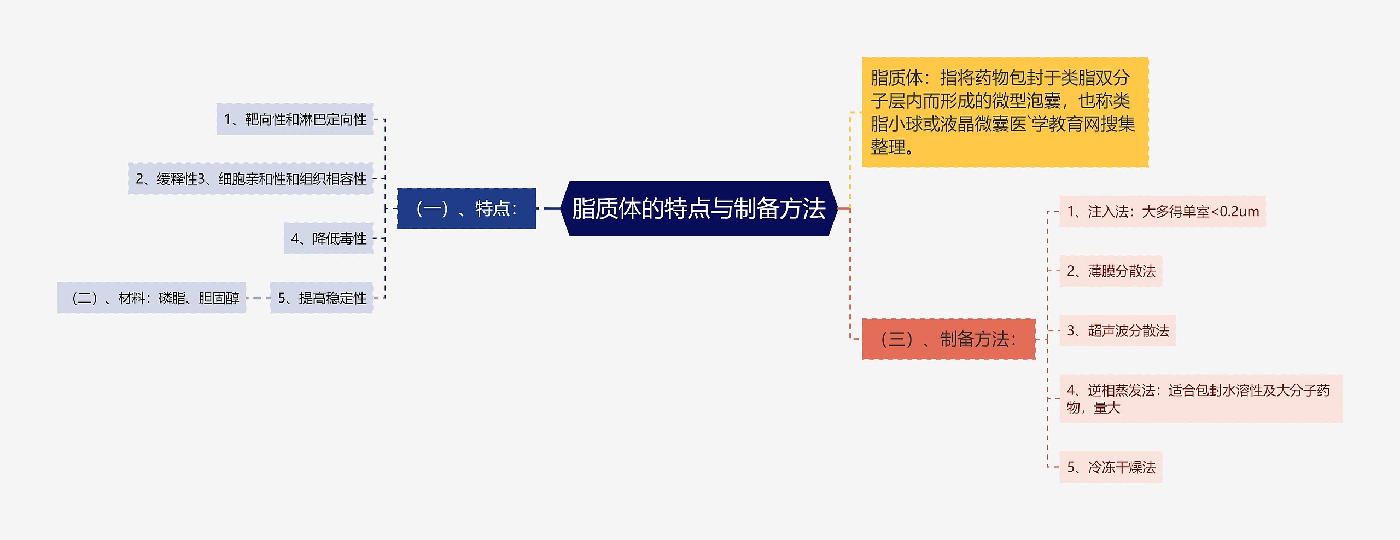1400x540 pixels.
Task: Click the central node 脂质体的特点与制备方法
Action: tap(699, 208)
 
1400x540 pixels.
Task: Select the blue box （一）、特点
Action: tap(466, 208)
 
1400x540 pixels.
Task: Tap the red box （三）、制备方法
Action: tap(948, 339)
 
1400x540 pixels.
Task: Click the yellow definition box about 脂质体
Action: tap(1005, 112)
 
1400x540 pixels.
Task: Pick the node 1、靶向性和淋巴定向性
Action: tap(295, 119)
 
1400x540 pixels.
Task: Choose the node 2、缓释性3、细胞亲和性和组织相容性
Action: tap(250, 179)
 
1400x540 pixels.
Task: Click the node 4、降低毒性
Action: tap(328, 239)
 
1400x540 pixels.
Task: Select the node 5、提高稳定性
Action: tap(322, 298)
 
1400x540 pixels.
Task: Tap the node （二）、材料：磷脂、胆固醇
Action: tap(151, 298)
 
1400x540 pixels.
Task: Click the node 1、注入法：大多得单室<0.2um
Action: tap(1162, 212)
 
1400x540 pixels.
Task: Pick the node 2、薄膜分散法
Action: tap(1111, 271)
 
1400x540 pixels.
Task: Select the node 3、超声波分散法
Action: tap(1117, 331)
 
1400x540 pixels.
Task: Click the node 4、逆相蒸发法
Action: tap(1200, 399)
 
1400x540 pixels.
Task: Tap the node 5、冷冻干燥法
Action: tap(1111, 467)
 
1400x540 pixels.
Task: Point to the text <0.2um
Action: tap(1235, 212)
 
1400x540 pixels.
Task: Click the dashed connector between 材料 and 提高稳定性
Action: tap(258, 298)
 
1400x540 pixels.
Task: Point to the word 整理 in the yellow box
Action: tap(888, 147)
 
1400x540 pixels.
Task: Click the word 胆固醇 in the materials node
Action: tap(219, 298)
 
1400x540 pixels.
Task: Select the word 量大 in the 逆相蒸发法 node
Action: tap(1107, 408)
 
